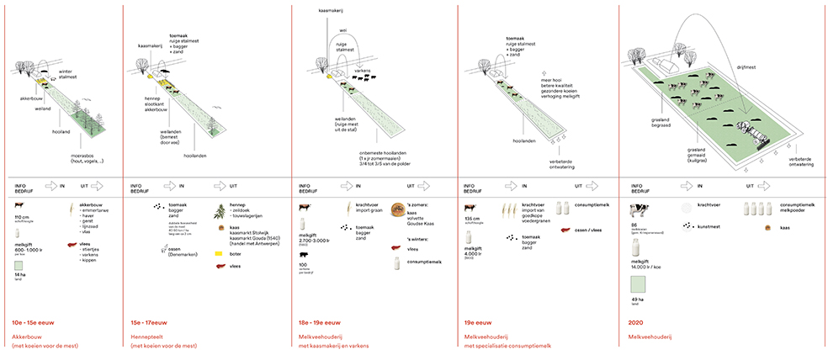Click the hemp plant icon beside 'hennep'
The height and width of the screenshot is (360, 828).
[x=220, y=209]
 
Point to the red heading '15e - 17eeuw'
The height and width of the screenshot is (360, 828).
[x=150, y=322]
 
